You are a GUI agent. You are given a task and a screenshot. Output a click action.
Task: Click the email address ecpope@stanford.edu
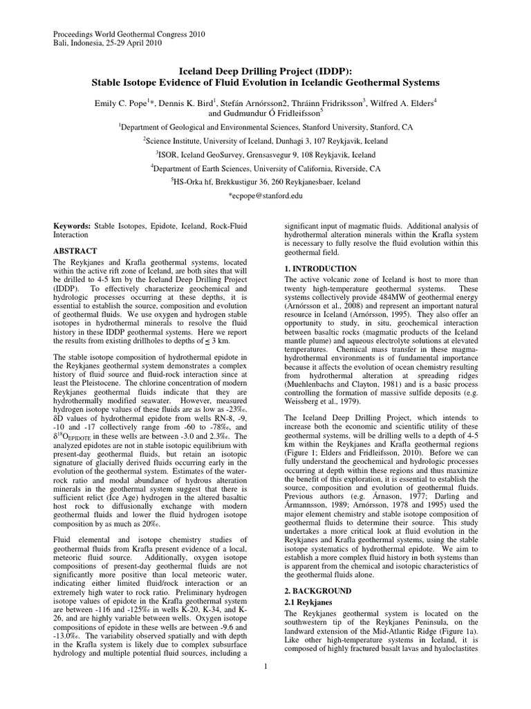click(x=265, y=197)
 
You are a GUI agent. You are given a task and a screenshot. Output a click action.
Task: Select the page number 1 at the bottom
click(x=265, y=685)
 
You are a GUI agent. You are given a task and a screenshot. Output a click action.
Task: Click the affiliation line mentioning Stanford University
click(x=265, y=127)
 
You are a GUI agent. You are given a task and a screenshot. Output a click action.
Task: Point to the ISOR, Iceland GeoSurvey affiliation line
click(x=265, y=155)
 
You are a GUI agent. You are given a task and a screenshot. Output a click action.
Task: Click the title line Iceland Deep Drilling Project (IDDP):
click(x=265, y=70)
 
